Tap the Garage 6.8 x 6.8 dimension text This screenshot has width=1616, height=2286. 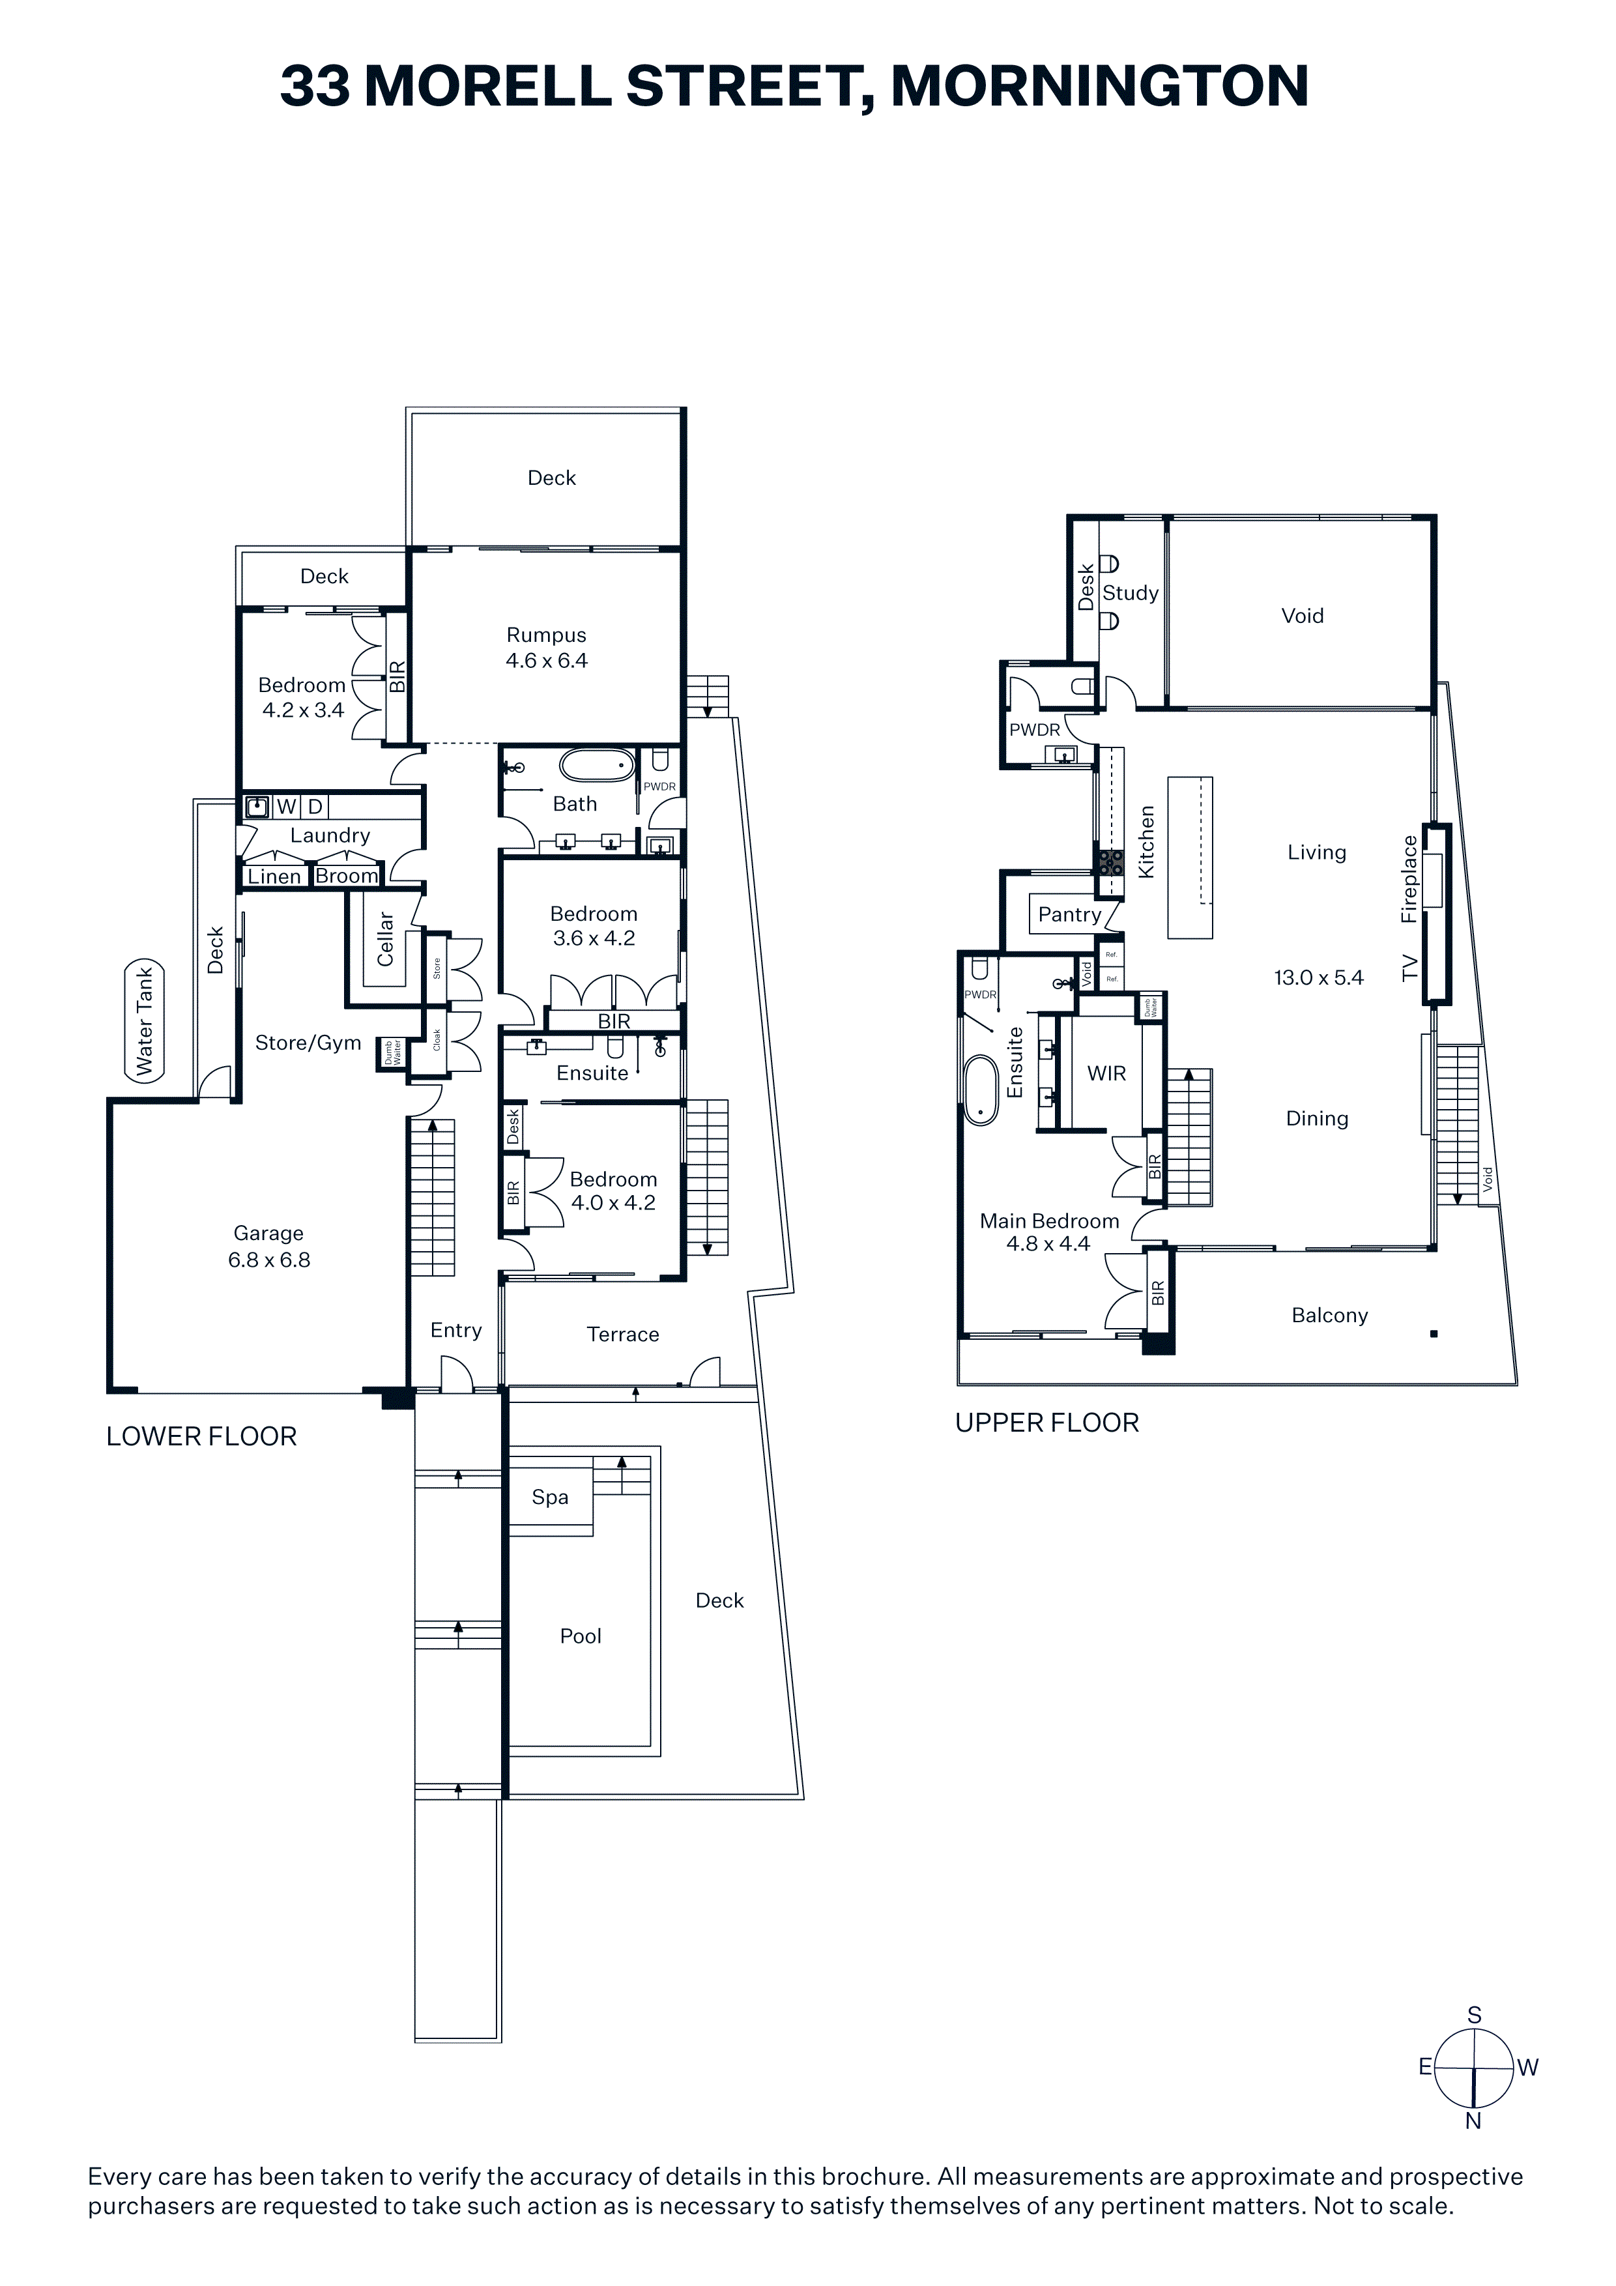point(269,1260)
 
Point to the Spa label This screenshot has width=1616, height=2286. point(549,1497)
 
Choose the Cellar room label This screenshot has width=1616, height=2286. point(385,939)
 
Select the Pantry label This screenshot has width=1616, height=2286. point(1069,915)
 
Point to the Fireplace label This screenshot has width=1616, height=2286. point(1409,879)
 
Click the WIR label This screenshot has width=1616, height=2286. point(1106,1073)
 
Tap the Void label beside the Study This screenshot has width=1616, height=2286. point(1303,615)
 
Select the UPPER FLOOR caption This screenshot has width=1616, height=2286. point(1046,1423)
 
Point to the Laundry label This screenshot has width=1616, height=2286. point(330,835)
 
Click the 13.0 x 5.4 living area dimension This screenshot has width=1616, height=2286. point(1318,977)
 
